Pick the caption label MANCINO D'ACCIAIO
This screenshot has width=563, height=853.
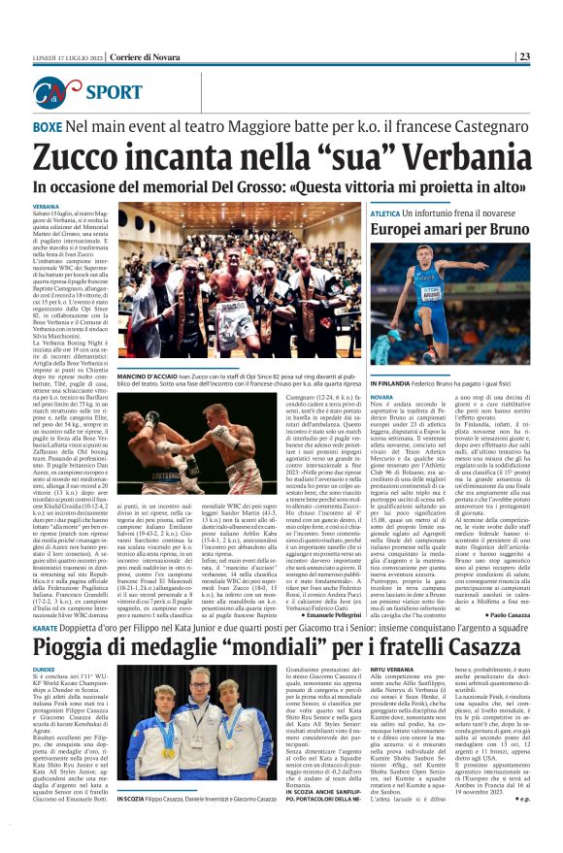coord(149,374)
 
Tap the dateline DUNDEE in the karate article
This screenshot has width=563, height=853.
coord(44,642)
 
